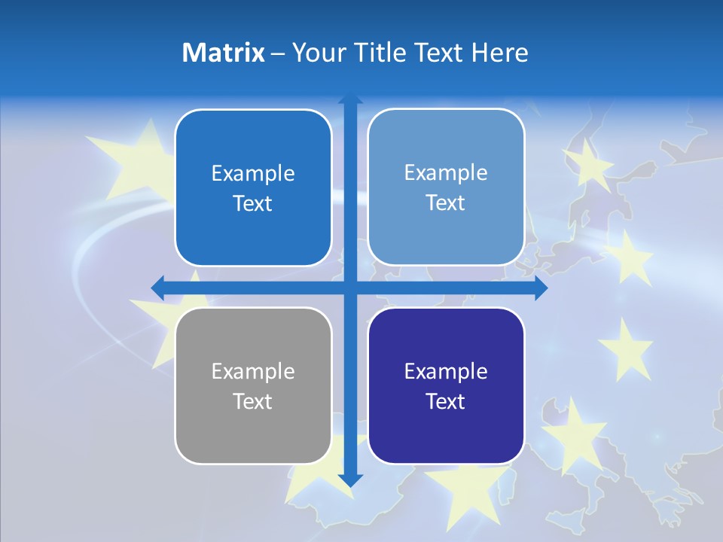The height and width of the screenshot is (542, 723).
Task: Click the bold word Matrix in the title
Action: click(224, 53)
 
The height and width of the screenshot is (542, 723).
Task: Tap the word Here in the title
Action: click(499, 53)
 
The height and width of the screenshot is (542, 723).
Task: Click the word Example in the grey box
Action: click(253, 371)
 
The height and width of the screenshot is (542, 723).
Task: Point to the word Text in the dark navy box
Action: click(446, 401)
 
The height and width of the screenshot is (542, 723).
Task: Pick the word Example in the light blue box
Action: click(446, 172)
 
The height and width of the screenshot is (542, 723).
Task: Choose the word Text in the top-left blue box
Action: click(253, 203)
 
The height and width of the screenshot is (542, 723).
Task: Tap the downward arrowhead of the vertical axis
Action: click(350, 480)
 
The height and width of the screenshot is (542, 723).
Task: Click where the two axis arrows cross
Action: click(350, 288)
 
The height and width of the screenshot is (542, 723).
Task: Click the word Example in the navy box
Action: click(446, 371)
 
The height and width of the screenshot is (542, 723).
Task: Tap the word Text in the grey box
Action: click(253, 401)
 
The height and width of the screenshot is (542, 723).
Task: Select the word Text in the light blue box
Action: click(446, 202)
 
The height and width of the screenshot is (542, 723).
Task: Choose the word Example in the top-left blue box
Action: click(253, 173)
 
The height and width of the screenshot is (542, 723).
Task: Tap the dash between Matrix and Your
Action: click(278, 53)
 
